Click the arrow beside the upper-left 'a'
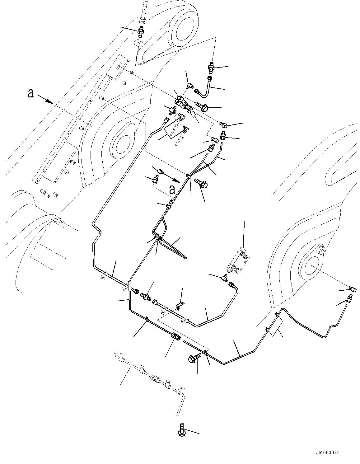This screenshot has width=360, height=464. [45, 99]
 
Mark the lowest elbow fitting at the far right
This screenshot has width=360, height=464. [348, 299]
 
